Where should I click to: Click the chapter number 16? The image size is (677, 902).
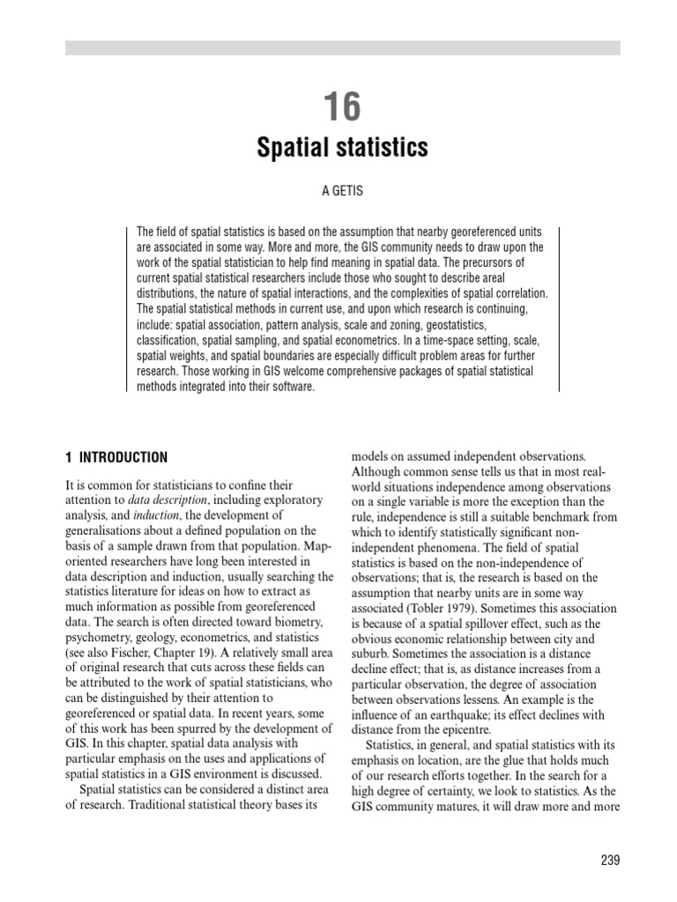(342, 107)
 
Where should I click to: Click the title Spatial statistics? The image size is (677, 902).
(342, 148)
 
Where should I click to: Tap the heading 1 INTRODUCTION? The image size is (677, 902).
(116, 457)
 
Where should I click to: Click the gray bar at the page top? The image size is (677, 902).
(342, 48)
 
